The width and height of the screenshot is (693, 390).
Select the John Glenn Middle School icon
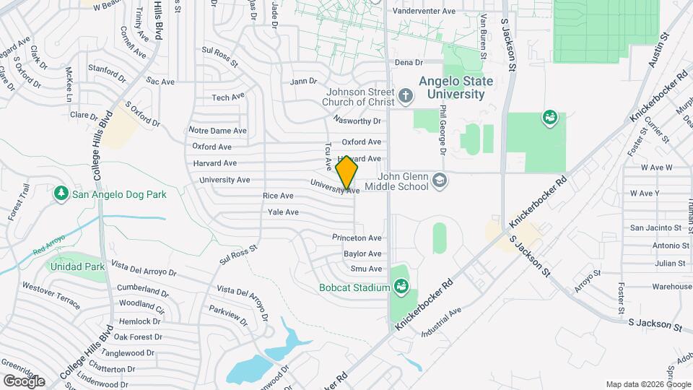tap(438, 181)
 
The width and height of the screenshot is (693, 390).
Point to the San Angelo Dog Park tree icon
tap(61, 194)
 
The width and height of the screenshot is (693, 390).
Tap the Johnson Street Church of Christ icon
tap(406, 95)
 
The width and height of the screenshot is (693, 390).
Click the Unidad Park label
tap(77, 266)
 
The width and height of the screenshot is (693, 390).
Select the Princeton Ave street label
tap(357, 238)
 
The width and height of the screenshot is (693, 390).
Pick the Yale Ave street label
tap(283, 212)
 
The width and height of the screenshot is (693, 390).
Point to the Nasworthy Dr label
tap(357, 121)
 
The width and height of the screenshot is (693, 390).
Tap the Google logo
tap(24, 381)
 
